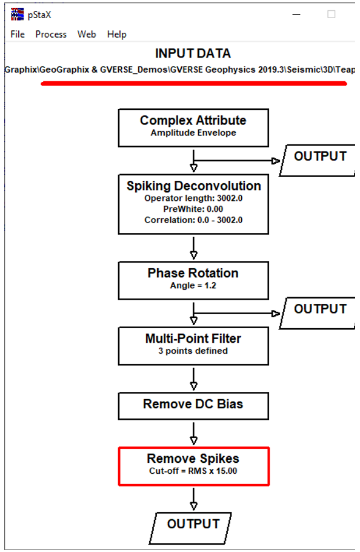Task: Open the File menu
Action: [18, 34]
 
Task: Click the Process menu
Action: [51, 34]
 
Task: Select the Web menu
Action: [87, 34]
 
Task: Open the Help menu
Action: [117, 34]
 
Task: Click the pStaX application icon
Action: [17, 15]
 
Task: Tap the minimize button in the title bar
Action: [296, 15]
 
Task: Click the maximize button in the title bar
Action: [331, 14]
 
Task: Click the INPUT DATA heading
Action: [193, 53]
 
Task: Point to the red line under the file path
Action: [194, 84]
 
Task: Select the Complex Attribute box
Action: [193, 128]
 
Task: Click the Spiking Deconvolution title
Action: [194, 186]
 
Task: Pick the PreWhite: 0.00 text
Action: [193, 209]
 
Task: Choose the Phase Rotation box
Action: [193, 281]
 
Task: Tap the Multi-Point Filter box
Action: [193, 346]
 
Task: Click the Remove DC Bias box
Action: [193, 406]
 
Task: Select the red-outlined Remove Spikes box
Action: [194, 466]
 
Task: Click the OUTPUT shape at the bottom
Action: [190, 528]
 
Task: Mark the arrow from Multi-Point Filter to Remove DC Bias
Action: [193, 379]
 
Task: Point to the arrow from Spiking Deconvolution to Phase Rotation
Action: [193, 248]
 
